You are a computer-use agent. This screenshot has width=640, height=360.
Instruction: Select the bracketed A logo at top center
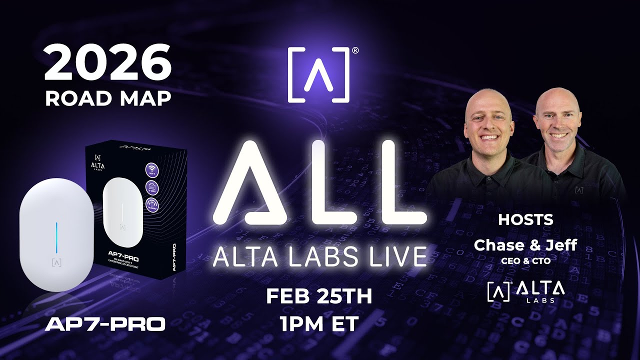(318, 75)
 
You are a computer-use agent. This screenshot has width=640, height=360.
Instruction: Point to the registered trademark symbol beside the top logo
(355, 50)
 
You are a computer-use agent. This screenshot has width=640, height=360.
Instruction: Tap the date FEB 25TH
(319, 296)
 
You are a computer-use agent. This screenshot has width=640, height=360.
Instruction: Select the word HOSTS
(525, 219)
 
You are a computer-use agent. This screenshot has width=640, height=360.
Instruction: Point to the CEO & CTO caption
(525, 260)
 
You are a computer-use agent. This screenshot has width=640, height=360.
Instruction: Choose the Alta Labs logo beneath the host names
(525, 291)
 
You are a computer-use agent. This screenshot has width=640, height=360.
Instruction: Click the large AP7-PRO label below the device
(105, 324)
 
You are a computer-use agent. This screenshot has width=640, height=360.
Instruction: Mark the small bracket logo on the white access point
(57, 262)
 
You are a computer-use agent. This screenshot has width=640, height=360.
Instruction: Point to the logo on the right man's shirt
(579, 190)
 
